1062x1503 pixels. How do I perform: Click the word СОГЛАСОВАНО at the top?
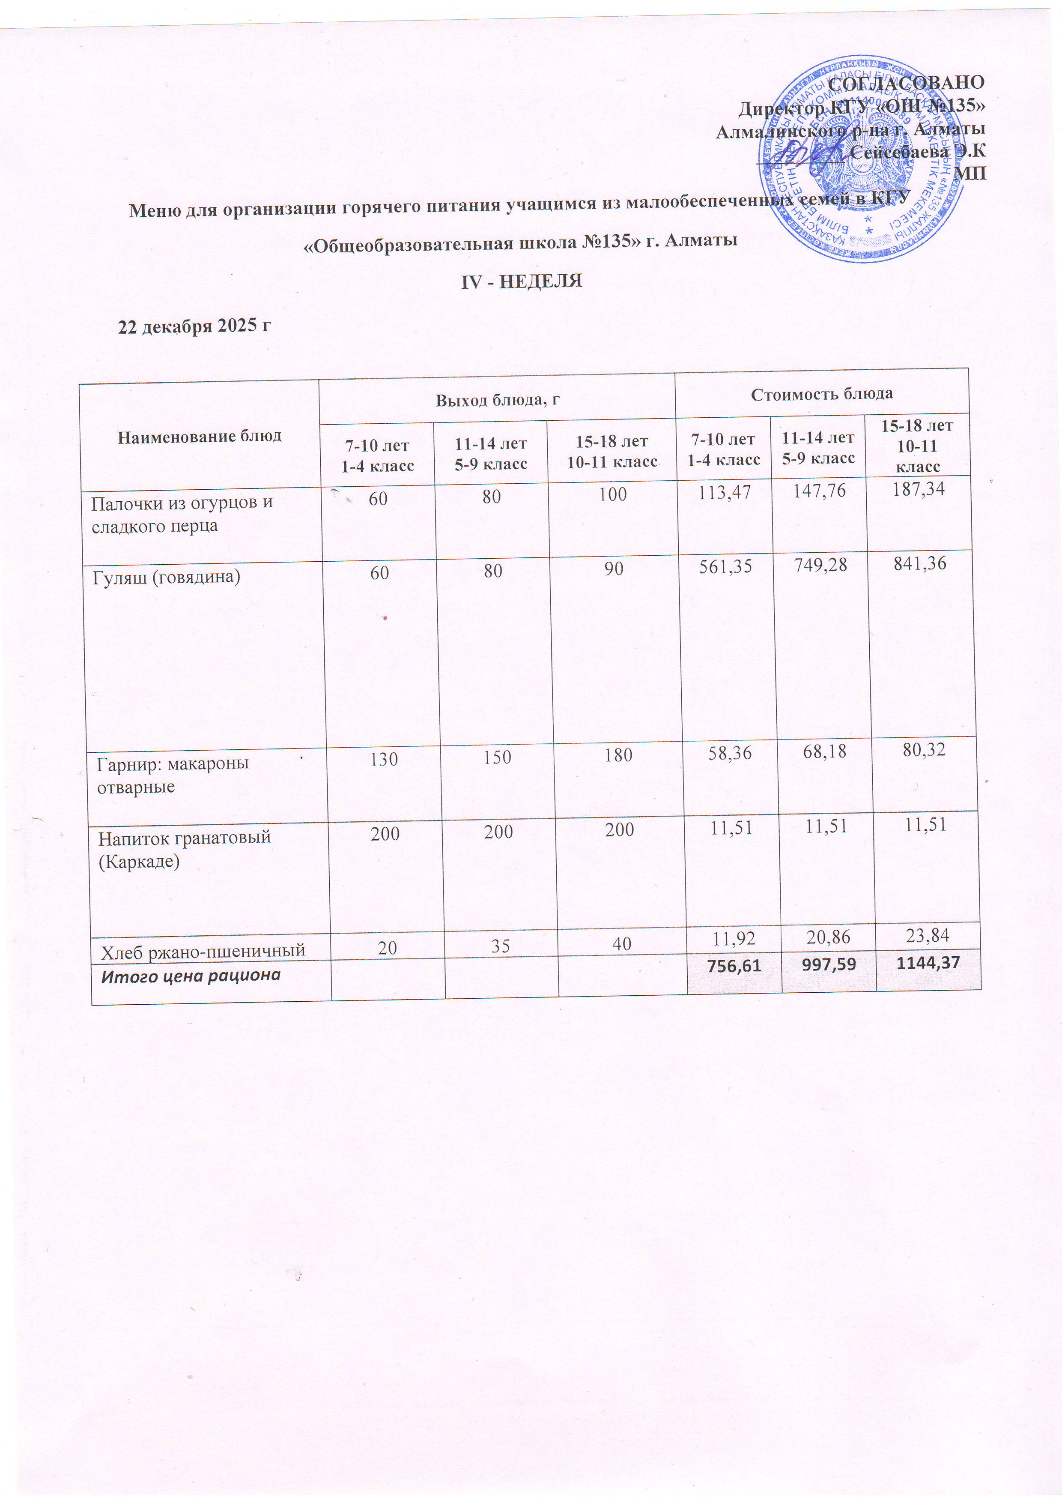point(906,83)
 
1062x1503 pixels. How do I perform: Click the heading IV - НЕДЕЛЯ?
point(522,281)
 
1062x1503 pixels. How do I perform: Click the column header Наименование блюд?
point(200,436)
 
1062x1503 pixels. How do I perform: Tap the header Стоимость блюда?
point(822,394)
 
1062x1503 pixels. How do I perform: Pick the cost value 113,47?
point(725,492)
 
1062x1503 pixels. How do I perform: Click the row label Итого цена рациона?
point(191,976)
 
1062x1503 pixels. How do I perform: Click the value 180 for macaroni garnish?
point(618,755)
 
